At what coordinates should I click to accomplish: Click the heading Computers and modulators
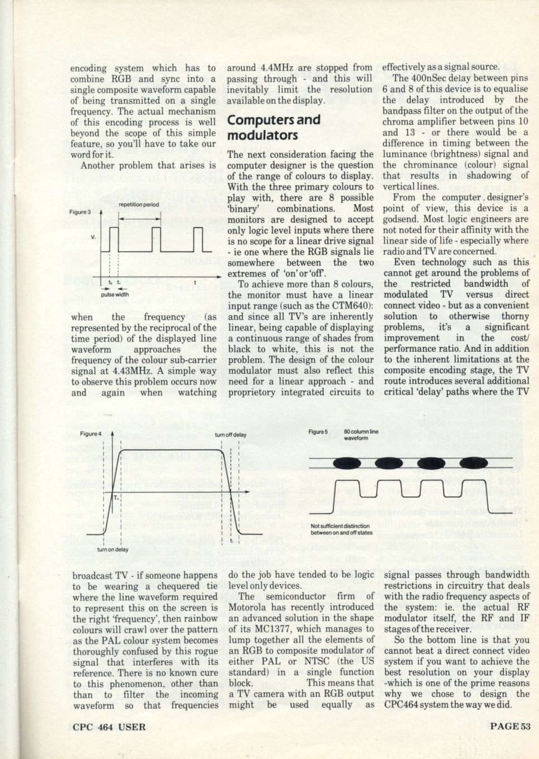pyautogui.click(x=274, y=127)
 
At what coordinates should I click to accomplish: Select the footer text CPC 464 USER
pyautogui.click(x=109, y=726)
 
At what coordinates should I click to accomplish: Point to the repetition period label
pyautogui.click(x=139, y=205)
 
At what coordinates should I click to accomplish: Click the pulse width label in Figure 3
pyautogui.click(x=115, y=295)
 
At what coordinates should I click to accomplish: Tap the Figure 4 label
pyautogui.click(x=91, y=434)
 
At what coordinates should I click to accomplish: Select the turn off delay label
pyautogui.click(x=230, y=435)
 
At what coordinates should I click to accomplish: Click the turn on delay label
pyautogui.click(x=113, y=549)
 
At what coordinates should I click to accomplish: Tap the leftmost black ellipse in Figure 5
pyautogui.click(x=346, y=464)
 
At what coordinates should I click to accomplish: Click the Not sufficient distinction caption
pyautogui.click(x=342, y=529)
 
